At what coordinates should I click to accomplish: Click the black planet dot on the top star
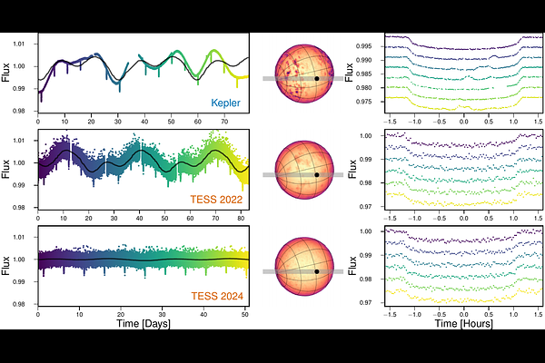point(316,79)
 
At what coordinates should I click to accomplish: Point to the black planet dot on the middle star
point(316,174)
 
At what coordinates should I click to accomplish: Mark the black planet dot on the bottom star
point(316,271)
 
